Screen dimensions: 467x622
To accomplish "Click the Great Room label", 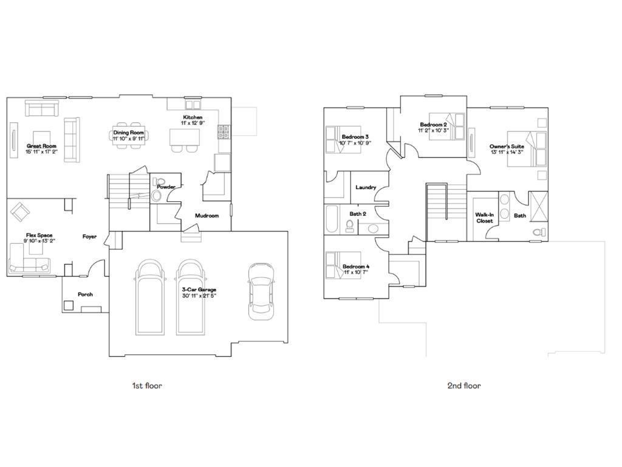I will [x=41, y=146].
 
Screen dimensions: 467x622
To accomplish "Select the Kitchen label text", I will [x=193, y=117].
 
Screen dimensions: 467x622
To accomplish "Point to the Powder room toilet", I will [x=160, y=182].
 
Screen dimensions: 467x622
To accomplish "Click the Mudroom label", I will [x=207, y=215].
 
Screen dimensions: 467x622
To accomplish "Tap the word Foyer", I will [x=89, y=237].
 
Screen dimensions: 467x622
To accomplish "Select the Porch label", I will [x=85, y=294].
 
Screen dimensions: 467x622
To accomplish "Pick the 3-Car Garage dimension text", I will [x=199, y=296].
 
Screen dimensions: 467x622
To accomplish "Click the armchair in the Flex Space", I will [x=20, y=211].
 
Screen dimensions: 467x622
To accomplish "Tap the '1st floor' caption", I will [x=147, y=386].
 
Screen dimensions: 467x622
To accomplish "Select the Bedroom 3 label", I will [x=355, y=137].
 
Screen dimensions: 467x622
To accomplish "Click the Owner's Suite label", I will [x=507, y=147].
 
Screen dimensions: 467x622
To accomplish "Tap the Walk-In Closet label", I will [x=484, y=218].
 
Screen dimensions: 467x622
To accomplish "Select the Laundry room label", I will [x=366, y=187].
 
